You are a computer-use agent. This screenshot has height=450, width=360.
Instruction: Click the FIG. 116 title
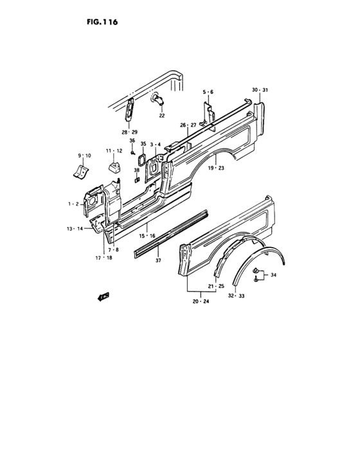102,22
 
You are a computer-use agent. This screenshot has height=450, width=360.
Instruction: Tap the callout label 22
162,115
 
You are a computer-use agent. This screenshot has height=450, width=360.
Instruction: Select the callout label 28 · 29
129,132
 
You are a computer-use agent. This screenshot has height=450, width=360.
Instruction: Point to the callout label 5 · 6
208,92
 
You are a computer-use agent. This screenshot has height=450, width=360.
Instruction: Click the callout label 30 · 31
260,90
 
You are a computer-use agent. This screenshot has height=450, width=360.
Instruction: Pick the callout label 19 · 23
216,168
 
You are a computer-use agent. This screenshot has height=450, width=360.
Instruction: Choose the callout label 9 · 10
84,156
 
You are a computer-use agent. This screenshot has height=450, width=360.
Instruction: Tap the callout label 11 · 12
114,151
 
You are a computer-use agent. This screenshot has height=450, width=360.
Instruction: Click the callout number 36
132,141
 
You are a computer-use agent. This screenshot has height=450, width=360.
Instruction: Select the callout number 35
143,144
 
